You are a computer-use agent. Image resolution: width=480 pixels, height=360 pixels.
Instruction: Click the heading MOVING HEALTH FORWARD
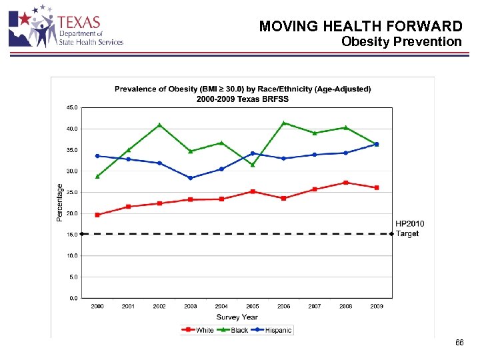pos(360,26)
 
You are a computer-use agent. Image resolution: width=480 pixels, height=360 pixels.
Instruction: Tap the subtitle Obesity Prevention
pos(401,42)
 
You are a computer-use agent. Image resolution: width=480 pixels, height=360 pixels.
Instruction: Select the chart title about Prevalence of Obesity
pos(243,93)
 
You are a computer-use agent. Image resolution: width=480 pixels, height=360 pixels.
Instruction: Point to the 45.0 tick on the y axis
pos(71,107)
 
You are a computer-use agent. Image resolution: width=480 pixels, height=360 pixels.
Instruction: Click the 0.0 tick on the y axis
pos(72,298)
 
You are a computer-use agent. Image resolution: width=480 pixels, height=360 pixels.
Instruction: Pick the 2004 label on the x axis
pos(221,307)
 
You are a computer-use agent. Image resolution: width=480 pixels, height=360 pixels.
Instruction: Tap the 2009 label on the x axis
pos(376,307)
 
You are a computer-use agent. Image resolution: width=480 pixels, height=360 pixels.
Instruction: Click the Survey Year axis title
pos(237,317)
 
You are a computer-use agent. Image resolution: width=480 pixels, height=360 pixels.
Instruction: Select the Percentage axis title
pos(59,203)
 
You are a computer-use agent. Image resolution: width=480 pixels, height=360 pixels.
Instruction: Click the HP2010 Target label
pos(409,229)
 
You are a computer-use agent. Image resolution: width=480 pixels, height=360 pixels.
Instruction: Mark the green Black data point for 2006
pos(284,123)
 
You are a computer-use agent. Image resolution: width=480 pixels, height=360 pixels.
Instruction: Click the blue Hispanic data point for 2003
pos(191,178)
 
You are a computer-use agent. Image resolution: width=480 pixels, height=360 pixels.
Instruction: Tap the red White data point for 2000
pos(97,215)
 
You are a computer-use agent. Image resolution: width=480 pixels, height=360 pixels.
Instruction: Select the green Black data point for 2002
pos(159,125)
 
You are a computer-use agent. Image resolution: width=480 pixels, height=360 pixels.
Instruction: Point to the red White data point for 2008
pos(345,183)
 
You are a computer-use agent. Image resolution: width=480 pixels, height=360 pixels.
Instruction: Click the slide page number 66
pos(459,343)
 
